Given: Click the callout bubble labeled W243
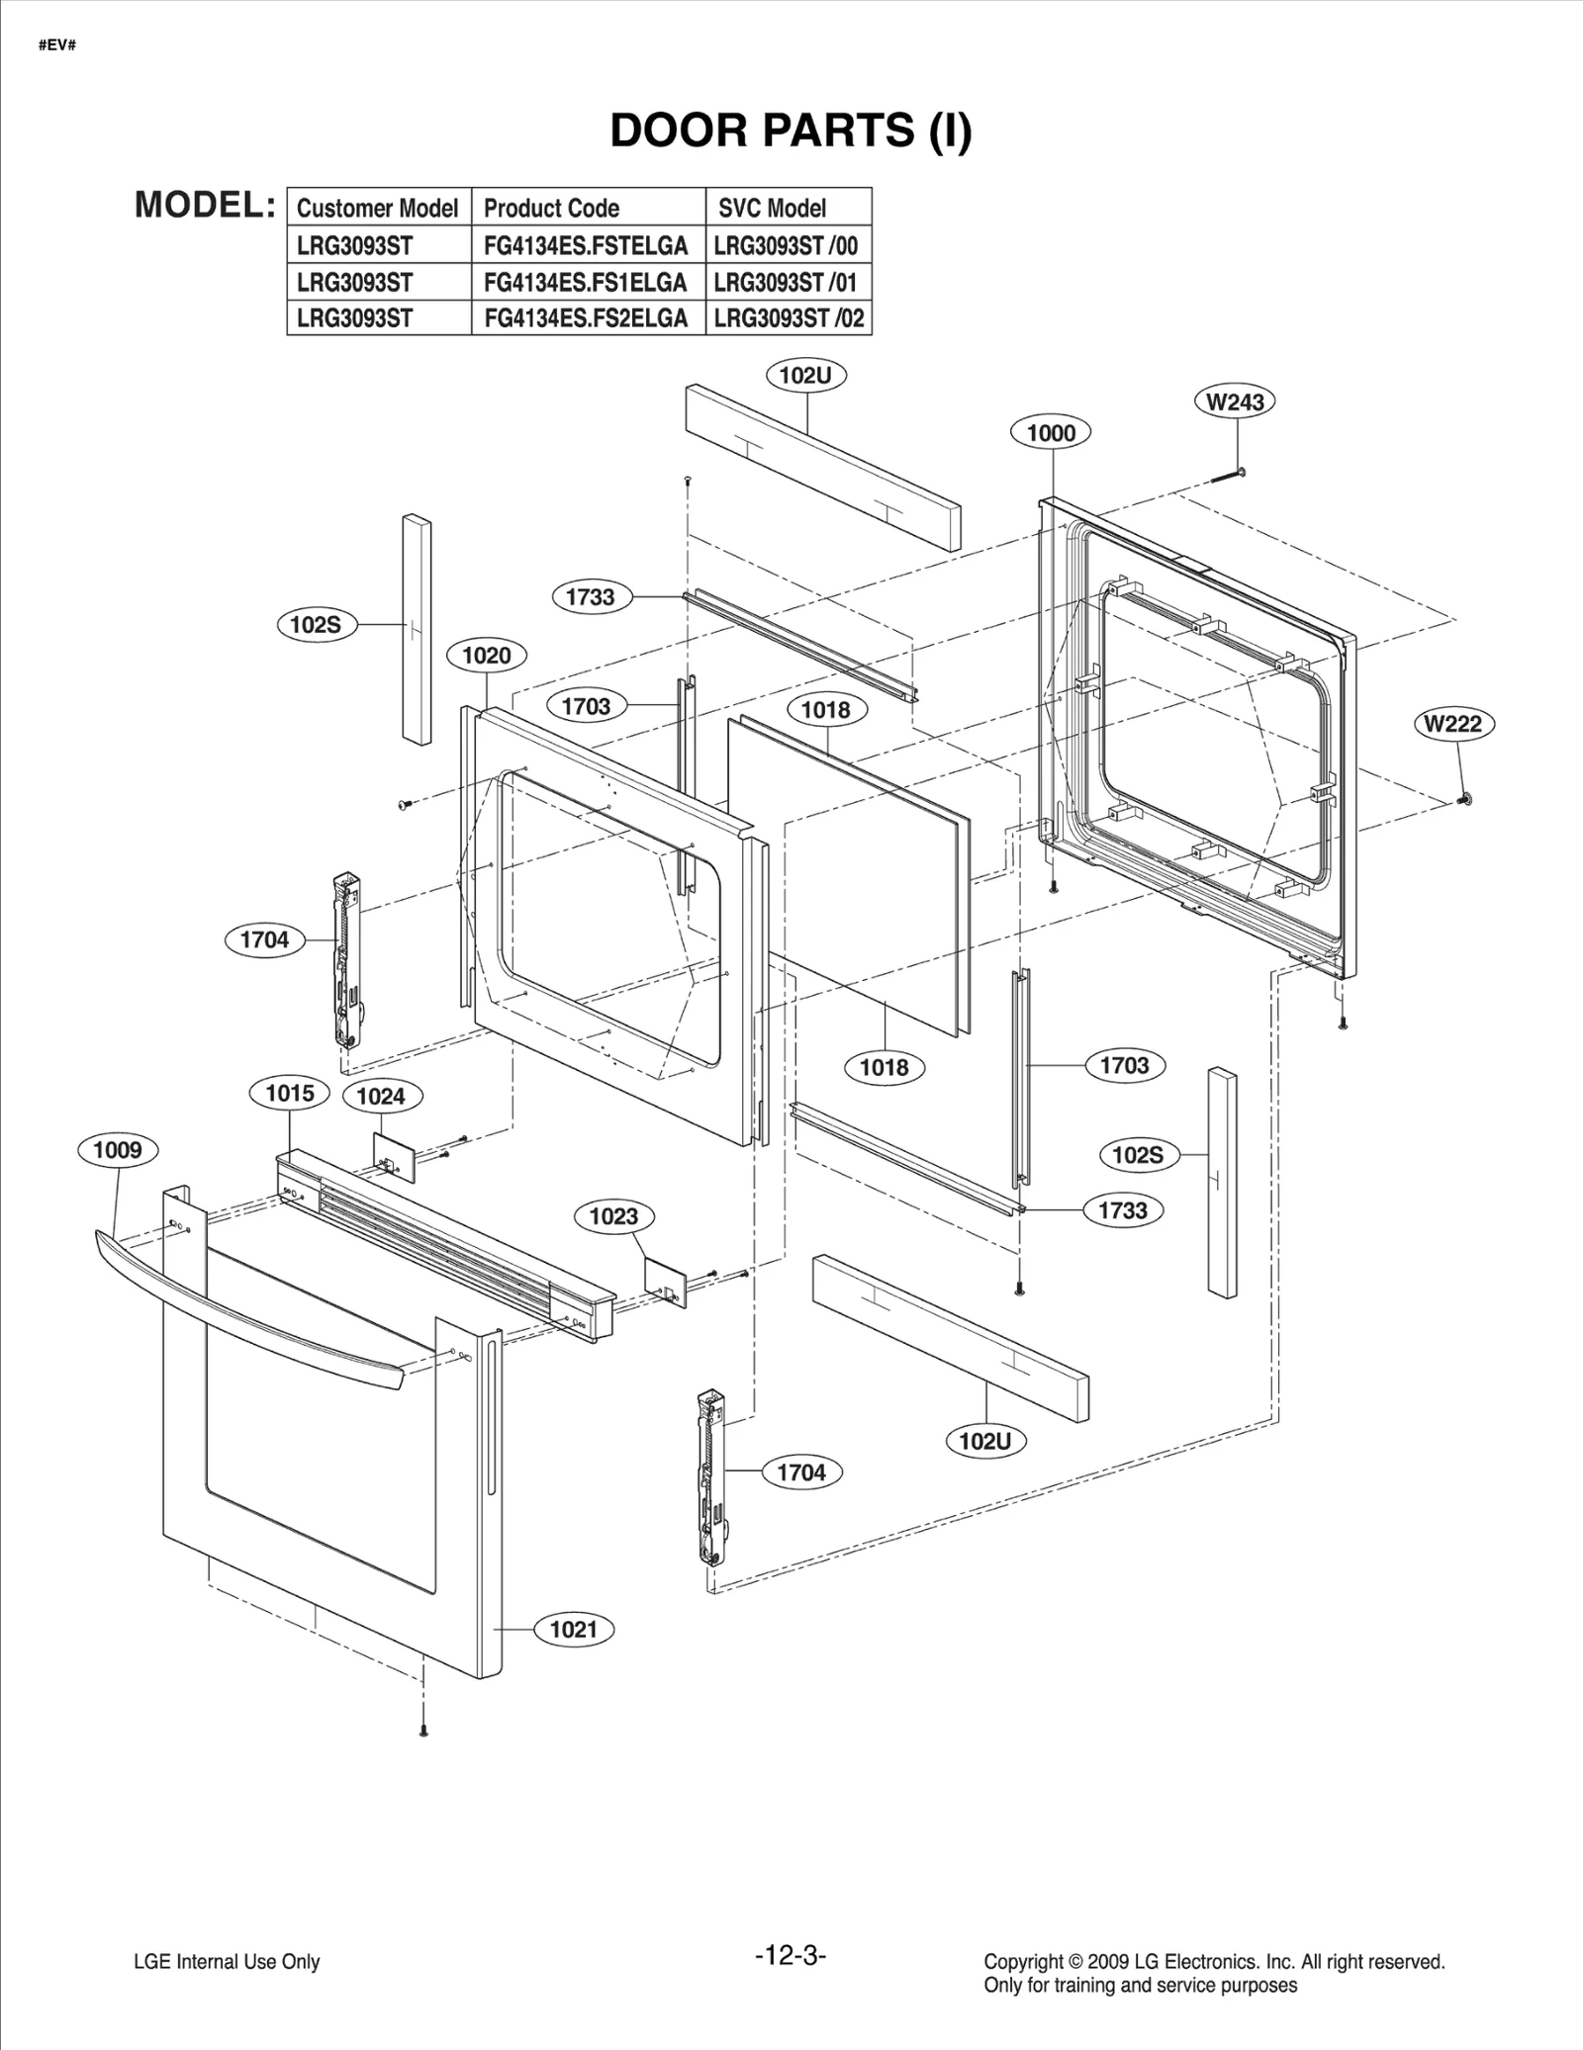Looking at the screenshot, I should [x=1235, y=401].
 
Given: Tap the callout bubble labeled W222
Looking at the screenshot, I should [x=1452, y=724].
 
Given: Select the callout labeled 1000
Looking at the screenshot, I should [x=1051, y=433].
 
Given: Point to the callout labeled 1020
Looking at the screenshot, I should [x=487, y=656].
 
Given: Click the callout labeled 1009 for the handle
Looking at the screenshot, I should [x=118, y=1150].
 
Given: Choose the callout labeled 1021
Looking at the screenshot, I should [x=574, y=1630].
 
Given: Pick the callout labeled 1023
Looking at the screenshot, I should [x=613, y=1216].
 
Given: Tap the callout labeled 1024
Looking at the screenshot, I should [x=381, y=1096].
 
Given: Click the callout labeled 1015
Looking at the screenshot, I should [x=290, y=1093].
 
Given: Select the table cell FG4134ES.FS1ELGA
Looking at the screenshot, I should [x=586, y=283].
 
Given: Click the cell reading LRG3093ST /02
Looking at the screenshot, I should [x=789, y=318].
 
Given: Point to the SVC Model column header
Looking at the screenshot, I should [x=772, y=209].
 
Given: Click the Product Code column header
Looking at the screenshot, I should [x=551, y=209].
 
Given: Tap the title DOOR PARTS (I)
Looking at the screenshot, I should [x=791, y=131].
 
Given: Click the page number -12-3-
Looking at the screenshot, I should [x=790, y=1955].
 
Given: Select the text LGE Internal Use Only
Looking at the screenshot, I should [x=227, y=1962].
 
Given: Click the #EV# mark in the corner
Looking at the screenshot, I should [x=57, y=45].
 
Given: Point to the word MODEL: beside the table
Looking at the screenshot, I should [x=205, y=205].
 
